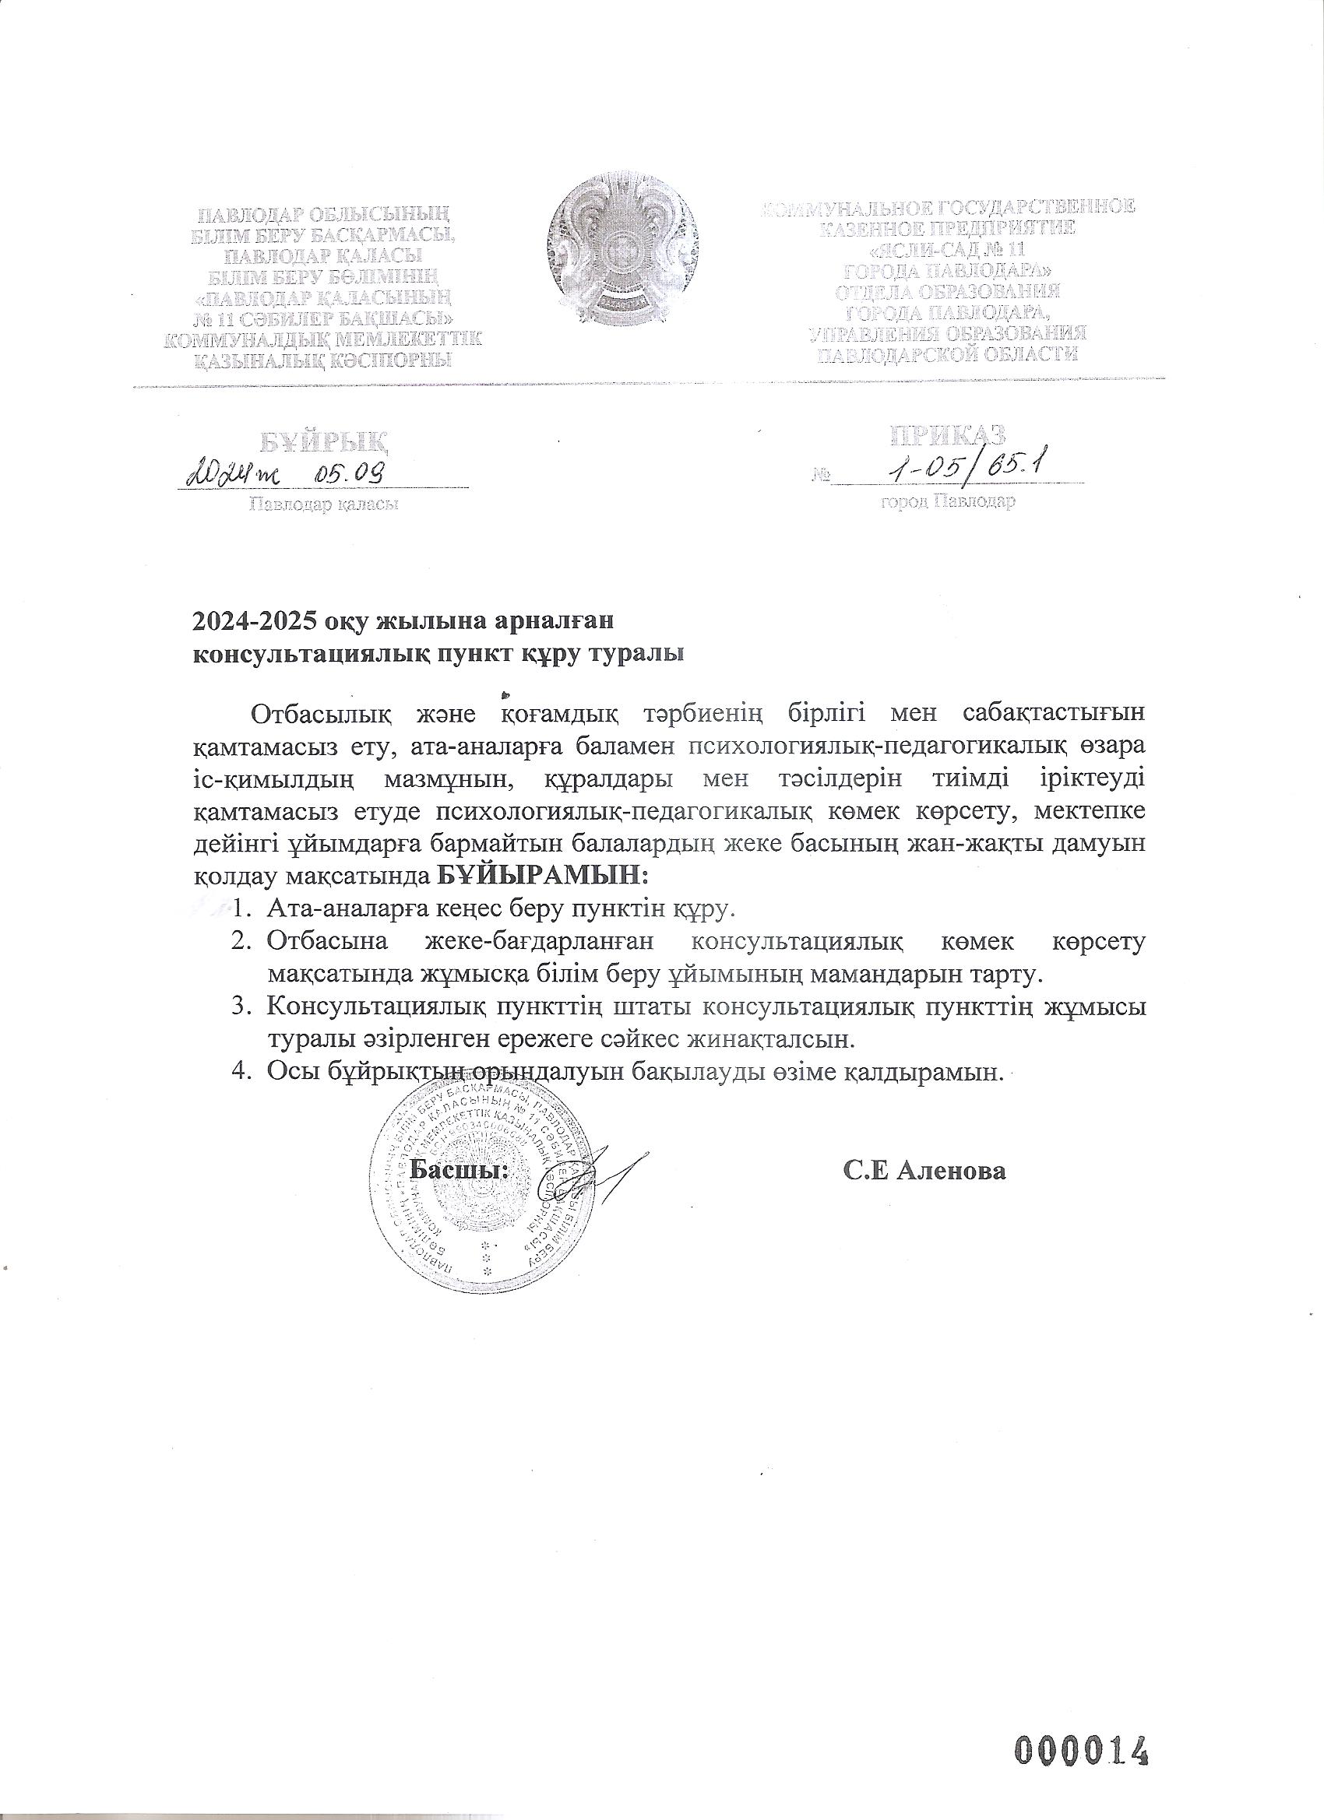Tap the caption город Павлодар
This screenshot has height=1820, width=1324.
point(947,503)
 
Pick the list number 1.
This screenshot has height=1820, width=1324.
point(241,909)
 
